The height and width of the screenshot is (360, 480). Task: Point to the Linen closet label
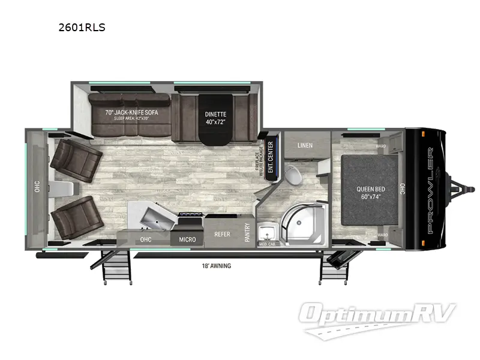pyautogui.click(x=305, y=145)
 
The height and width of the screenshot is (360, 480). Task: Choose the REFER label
pyautogui.click(x=222, y=235)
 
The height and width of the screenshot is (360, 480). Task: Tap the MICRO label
pyautogui.click(x=187, y=239)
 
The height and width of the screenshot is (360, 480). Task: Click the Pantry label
pyautogui.click(x=247, y=232)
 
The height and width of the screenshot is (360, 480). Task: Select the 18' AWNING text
pyautogui.click(x=217, y=265)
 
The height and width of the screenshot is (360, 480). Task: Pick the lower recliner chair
pyautogui.click(x=73, y=218)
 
